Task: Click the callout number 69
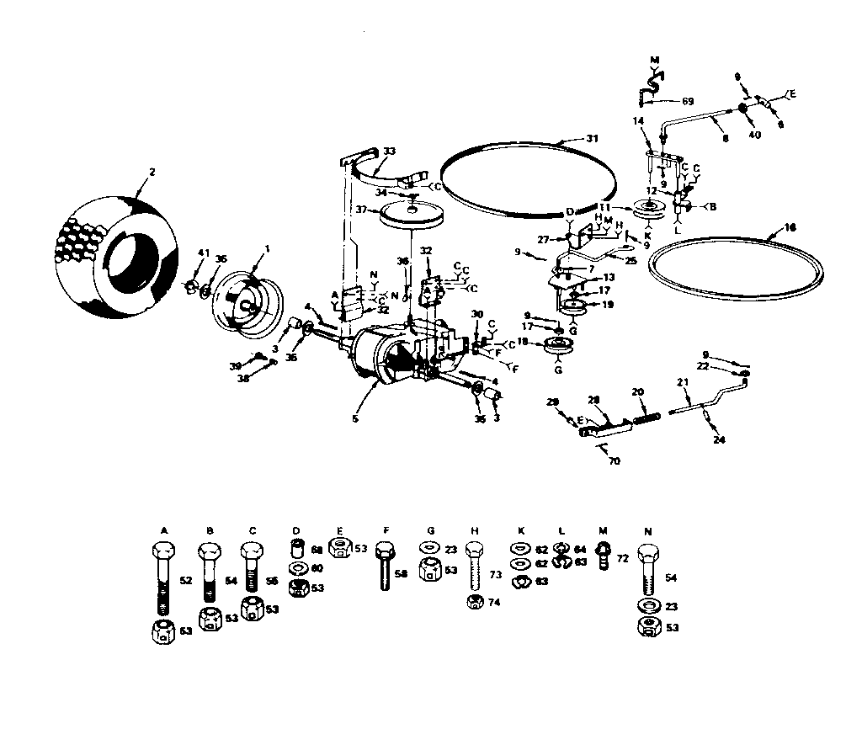tap(687, 101)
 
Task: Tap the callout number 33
tap(389, 152)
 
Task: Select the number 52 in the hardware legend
tap(187, 581)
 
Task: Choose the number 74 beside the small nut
tap(494, 602)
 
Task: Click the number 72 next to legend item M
tap(623, 559)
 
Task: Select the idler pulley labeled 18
tap(556, 345)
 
